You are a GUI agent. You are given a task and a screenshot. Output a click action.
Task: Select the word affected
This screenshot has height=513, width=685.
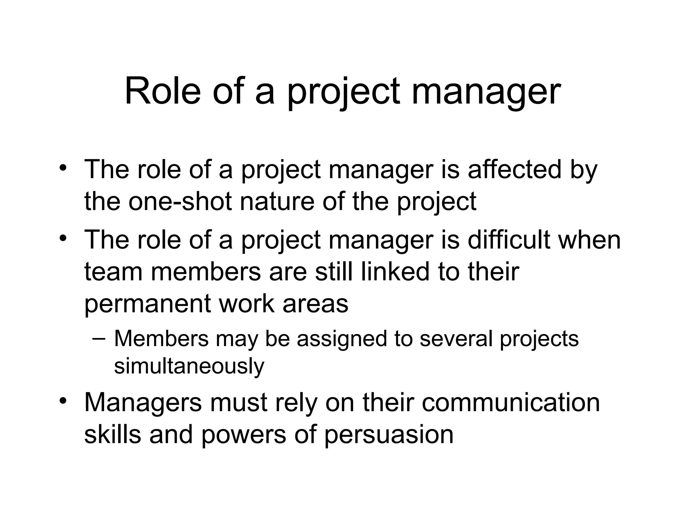(514, 169)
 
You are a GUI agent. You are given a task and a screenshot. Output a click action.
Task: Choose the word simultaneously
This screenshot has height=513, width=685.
(189, 366)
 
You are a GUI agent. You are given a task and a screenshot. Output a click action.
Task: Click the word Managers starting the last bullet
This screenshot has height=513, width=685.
(143, 402)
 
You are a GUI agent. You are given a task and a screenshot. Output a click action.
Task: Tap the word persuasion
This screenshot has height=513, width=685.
(389, 434)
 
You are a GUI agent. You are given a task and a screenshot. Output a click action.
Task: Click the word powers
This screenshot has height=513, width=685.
(243, 434)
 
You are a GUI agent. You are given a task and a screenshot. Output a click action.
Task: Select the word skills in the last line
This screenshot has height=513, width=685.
(112, 434)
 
